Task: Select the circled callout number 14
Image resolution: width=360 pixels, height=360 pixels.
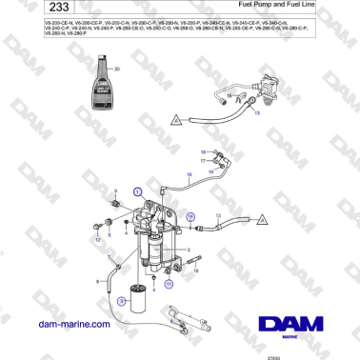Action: click(x=189, y=217)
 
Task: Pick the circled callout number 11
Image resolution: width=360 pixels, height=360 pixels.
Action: click(x=169, y=283)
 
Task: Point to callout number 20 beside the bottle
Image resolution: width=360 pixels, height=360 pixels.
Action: click(x=117, y=70)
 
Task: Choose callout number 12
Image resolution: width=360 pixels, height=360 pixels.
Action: click(x=97, y=240)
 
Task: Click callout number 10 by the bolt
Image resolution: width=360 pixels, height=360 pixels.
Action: click(x=196, y=271)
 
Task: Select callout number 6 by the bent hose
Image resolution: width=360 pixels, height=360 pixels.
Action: click(x=98, y=281)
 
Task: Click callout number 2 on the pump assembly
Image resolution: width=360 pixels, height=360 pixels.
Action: click(x=189, y=250)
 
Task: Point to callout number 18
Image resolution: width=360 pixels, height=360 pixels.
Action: click(x=202, y=151)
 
